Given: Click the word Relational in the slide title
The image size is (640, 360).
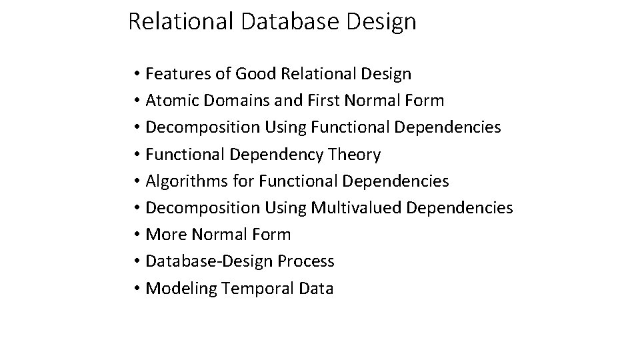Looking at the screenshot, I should point(180,21).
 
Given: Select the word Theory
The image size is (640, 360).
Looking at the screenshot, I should point(355,155).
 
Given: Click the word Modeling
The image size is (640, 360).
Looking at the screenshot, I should point(180,288).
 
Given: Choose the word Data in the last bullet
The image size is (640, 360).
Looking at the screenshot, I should point(315,288).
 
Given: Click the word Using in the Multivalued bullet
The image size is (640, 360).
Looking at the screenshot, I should point(285,208).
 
